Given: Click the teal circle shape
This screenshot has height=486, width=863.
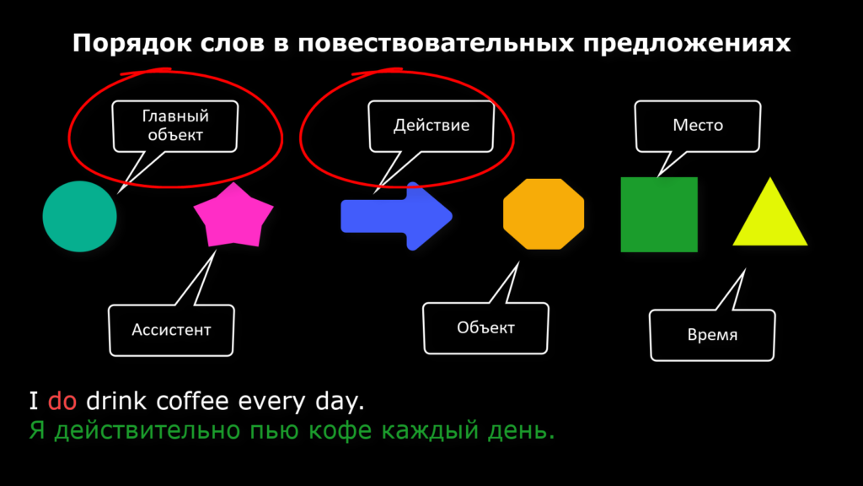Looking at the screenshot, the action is coord(80,217).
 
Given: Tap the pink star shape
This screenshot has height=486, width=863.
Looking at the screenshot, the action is coord(233,216).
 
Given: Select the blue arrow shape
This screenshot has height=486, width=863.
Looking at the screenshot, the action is coord(396,216).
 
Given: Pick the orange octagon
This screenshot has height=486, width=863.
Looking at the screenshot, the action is coord(544,213).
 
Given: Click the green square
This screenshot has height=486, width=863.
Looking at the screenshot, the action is coord(659,214).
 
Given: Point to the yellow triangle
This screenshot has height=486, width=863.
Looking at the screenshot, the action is coord(770,212).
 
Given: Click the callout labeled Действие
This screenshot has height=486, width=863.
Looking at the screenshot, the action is coord(431,127).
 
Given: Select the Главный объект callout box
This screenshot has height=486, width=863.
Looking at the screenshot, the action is coord(175,127).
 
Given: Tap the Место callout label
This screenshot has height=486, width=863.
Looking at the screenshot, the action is coord(697,127).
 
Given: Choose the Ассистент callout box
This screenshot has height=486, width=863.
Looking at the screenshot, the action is coord(171,330).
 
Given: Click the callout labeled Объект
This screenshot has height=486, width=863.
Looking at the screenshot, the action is coord(485,328).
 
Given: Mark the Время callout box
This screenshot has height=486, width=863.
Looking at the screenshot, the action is coord(712,335).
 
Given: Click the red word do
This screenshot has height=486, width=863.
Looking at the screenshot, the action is coord(62,401).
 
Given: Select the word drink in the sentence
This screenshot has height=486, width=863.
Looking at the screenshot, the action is coord(116,401).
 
